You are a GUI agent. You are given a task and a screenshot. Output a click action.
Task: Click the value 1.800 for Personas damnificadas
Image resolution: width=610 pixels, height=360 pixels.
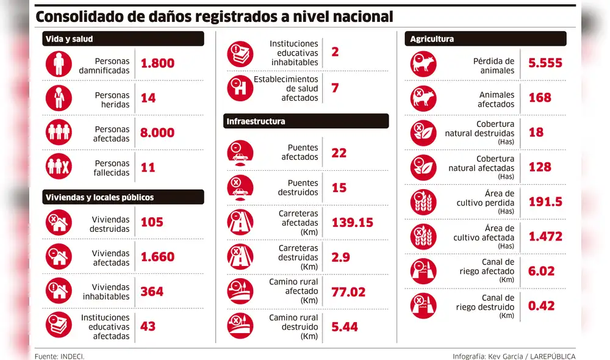(157, 63)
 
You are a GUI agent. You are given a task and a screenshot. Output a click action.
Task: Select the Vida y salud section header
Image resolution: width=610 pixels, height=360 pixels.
(123, 39)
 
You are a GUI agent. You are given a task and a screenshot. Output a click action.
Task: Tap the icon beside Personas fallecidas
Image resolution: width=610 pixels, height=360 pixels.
(59, 167)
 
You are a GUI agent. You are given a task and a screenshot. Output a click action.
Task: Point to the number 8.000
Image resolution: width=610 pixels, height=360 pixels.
(157, 133)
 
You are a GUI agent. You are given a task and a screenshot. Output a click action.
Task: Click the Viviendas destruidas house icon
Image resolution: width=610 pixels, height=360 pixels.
(59, 223)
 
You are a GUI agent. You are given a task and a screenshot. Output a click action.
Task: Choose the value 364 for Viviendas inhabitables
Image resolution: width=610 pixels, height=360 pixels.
(152, 292)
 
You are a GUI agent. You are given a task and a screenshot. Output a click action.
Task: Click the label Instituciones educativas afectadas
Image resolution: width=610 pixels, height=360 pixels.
(105, 327)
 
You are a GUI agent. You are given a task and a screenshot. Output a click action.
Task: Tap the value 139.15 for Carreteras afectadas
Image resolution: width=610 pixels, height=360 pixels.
(352, 223)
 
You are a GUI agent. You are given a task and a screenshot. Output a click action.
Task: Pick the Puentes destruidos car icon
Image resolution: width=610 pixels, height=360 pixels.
(240, 187)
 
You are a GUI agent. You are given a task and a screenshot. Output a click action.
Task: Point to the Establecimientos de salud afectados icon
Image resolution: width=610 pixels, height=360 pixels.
(240, 88)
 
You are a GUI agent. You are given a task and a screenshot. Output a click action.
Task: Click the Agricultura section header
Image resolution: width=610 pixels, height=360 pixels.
(486, 39)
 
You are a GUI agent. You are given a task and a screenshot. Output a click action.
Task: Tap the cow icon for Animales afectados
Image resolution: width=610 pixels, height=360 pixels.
(424, 98)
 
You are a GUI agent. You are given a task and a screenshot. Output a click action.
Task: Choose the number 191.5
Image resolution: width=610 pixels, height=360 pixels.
(545, 202)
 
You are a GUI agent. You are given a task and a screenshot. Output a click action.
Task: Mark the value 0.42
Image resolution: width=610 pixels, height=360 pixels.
(541, 306)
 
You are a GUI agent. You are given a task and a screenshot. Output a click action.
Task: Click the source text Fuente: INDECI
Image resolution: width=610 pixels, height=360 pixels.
(60, 356)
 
